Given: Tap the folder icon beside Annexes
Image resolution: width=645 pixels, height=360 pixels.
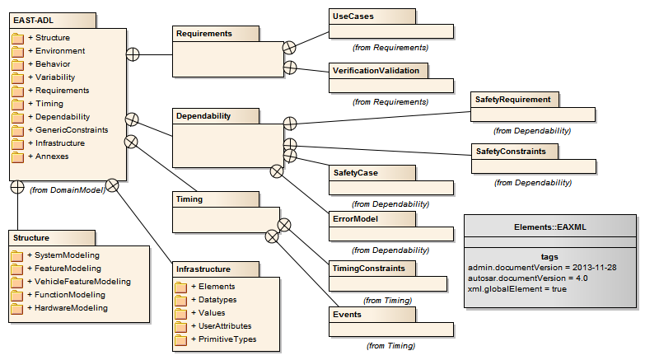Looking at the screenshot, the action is click(17, 157).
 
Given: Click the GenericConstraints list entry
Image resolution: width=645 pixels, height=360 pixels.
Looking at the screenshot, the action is click(68, 129).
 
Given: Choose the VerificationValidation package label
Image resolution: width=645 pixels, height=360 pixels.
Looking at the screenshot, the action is click(376, 70).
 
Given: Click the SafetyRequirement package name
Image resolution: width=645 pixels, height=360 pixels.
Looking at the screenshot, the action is click(512, 99).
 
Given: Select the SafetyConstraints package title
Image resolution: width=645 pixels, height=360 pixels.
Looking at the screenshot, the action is click(511, 151).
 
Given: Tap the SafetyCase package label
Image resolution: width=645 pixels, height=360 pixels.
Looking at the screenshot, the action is click(355, 173).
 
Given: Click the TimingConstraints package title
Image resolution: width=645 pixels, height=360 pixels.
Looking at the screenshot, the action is click(368, 269).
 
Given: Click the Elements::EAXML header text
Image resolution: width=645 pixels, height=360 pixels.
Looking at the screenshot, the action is click(550, 227).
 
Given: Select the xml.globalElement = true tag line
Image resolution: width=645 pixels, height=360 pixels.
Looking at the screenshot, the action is click(517, 289).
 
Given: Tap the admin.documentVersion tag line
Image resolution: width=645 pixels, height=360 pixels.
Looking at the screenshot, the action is click(542, 268).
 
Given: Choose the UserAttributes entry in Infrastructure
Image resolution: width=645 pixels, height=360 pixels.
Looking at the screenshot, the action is click(222, 326).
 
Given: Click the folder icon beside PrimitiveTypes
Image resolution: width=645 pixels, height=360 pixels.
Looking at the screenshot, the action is click(180, 340).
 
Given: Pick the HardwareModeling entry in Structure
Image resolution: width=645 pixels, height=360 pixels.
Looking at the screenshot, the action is click(68, 308).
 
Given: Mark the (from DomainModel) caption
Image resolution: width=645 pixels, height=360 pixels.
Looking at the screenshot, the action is click(68, 190).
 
